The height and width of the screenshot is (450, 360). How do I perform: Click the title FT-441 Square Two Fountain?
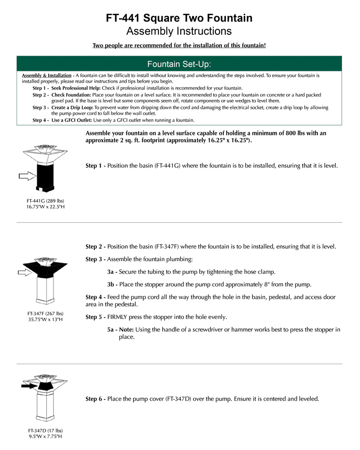179,18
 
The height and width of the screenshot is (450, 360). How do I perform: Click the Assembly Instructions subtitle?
179,31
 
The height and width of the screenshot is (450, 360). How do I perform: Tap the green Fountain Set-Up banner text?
179,64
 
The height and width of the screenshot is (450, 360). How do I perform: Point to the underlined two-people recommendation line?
179,45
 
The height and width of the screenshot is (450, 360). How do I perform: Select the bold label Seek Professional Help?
76,88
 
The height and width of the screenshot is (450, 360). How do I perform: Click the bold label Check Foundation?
71,95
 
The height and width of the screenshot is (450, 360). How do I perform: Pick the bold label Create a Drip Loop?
72,108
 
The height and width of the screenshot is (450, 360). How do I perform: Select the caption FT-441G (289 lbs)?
45,201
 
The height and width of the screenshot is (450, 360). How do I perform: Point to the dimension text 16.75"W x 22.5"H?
45,207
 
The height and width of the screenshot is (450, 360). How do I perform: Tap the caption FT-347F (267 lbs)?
45,314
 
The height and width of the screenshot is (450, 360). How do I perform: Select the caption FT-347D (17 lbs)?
45,431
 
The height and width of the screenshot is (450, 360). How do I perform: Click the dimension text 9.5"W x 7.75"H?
45,437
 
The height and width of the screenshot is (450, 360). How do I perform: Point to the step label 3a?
112,272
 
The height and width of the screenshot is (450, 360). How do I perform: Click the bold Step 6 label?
95,399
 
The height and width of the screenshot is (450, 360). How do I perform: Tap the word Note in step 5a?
126,330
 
